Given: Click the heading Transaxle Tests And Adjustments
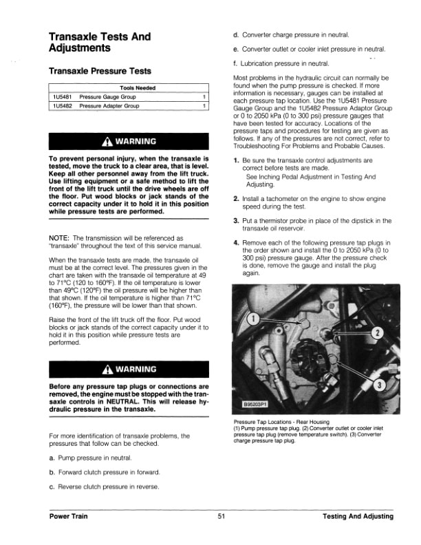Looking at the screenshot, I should pos(100,42).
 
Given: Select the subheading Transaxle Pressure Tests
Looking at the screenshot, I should pos(100,71).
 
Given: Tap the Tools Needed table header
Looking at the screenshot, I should pos(137,88).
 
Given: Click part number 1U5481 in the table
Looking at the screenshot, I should pos(63,98).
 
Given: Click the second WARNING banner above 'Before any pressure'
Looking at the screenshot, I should pos(128,368).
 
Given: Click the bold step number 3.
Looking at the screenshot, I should pos(236,221).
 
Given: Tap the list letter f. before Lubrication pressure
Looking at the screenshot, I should pos(236,64).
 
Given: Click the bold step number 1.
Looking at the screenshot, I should pos(236,160).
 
